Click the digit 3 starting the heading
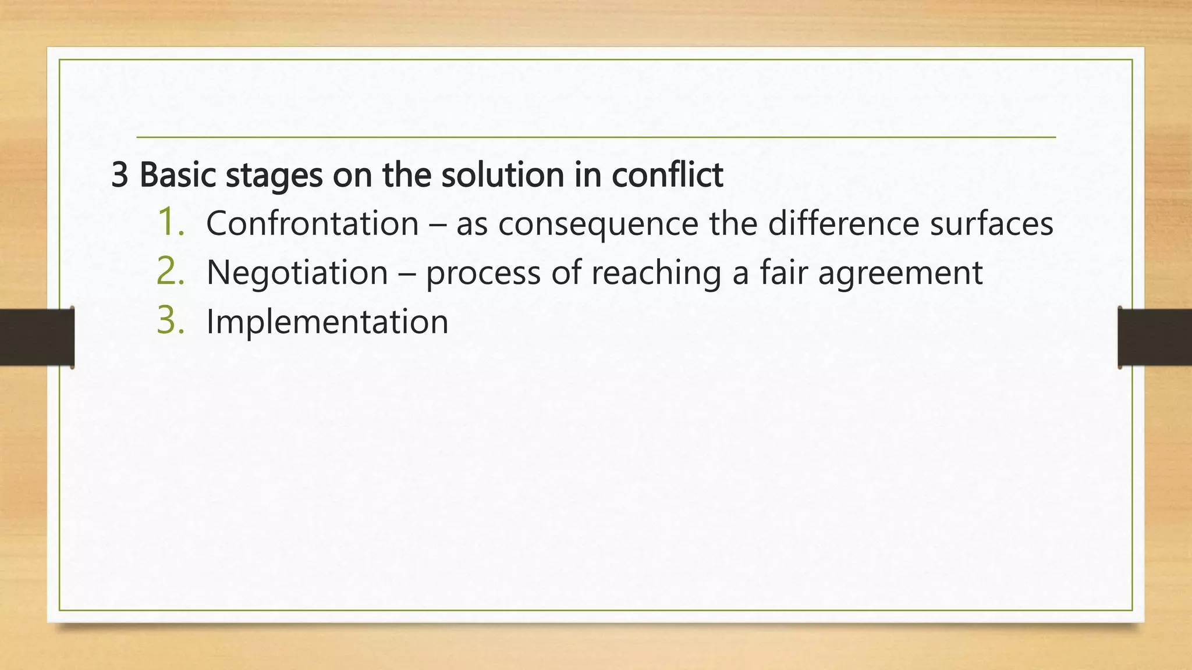(x=119, y=175)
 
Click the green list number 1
(x=170, y=223)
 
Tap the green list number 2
(x=170, y=272)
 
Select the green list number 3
(x=170, y=321)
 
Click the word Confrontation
(x=313, y=224)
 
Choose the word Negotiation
(x=297, y=273)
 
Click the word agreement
(x=900, y=274)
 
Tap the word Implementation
(x=327, y=322)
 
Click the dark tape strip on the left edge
(x=37, y=337)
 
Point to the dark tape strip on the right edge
(x=1155, y=337)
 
